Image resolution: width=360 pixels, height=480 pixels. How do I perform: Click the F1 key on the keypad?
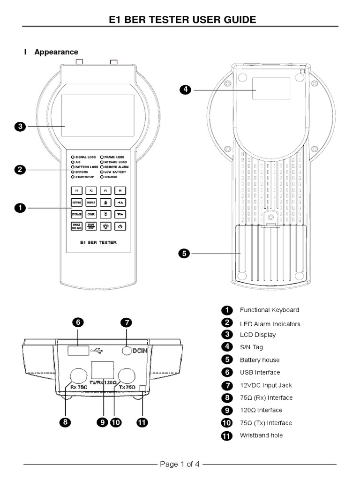coord(76,191)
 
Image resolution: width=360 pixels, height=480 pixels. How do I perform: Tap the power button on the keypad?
coord(120,226)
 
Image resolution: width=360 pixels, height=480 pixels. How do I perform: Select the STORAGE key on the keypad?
coord(76,214)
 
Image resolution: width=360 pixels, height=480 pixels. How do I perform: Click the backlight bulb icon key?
coord(106,226)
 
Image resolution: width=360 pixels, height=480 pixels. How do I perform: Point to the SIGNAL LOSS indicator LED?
coord(73,157)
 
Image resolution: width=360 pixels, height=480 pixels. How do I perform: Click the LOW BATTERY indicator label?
coord(115,172)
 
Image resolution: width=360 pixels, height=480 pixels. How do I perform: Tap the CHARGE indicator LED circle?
coord(102,177)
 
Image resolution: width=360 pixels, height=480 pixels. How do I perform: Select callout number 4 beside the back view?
coord(186,90)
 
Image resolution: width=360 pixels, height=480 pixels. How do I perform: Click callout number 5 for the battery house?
coord(184,254)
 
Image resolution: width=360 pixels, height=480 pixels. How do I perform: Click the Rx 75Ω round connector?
coord(78,375)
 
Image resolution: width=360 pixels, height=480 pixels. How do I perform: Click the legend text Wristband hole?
coord(261,435)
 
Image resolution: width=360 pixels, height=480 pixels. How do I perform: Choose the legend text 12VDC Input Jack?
coord(266,385)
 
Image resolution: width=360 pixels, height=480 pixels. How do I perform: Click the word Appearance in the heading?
coord(56,52)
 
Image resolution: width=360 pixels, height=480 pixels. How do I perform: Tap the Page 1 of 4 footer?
coord(180,465)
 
